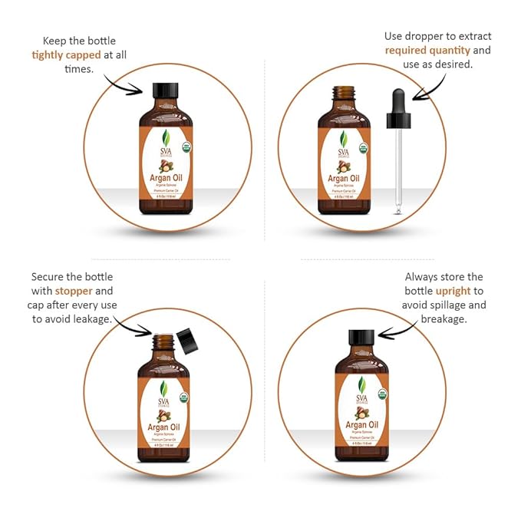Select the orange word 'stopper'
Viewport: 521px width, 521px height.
(74, 291)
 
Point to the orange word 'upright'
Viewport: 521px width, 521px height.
(453, 292)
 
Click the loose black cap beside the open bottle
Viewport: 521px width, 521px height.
(186, 339)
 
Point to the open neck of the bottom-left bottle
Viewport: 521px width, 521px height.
(163, 341)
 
